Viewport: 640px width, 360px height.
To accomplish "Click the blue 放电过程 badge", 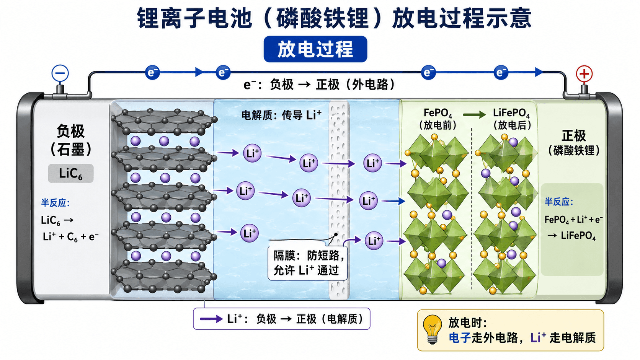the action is (x=315, y=49).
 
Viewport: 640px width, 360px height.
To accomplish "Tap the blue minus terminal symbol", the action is (x=60, y=73).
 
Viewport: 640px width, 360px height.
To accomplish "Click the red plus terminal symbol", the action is (x=584, y=74).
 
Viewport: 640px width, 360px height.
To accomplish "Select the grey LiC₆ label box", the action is (x=70, y=173).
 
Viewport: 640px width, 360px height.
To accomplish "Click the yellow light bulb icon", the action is (x=432, y=329).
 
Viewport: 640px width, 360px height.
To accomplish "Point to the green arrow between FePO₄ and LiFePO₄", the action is (x=474, y=115).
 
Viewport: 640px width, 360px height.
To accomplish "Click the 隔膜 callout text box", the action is (x=308, y=263).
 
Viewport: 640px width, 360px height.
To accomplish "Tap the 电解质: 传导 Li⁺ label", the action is (x=281, y=115).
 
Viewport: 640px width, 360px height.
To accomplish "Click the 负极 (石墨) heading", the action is (x=70, y=140).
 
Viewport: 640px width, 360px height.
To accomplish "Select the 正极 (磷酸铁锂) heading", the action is (x=574, y=143).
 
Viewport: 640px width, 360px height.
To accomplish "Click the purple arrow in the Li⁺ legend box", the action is (x=211, y=319).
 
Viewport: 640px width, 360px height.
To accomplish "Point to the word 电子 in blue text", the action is (x=459, y=338).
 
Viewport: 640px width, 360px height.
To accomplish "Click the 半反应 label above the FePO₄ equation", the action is (x=559, y=202).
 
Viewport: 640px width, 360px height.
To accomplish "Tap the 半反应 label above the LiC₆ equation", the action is (x=56, y=203).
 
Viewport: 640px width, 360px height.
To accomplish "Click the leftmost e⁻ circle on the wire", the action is (x=152, y=73).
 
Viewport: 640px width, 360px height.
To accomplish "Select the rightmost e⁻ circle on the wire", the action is (x=501, y=73).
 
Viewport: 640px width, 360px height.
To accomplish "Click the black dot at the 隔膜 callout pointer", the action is (x=336, y=235).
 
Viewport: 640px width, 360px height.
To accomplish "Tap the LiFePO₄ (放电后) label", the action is (x=511, y=119).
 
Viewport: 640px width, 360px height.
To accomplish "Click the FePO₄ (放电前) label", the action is (x=438, y=119).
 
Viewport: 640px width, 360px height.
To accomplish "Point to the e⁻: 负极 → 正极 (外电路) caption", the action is (x=319, y=85).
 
